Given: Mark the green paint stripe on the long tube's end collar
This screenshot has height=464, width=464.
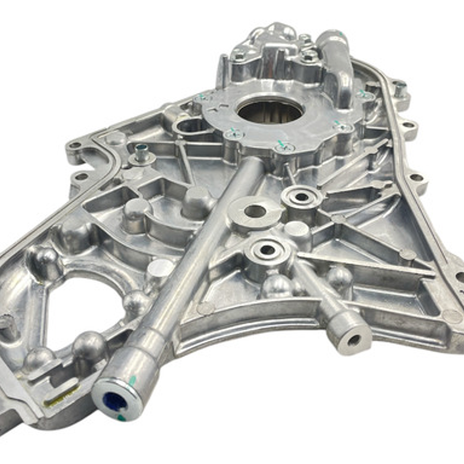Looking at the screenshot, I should click(132, 381).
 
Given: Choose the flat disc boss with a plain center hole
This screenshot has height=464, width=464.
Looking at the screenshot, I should click(255, 211).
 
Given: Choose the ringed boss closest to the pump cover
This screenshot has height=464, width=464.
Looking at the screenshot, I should click(302, 197).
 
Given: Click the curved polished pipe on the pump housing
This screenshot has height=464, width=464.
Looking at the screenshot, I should click(338, 65).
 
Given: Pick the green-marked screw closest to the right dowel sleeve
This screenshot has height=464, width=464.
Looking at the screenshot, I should click(364, 95).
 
